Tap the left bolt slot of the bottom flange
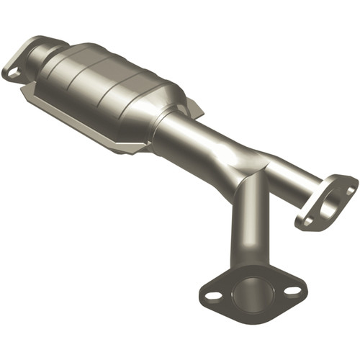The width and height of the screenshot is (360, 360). pos(213,295)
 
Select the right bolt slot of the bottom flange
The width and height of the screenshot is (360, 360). pos(293,291)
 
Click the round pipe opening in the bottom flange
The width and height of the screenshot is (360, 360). pos(253,294)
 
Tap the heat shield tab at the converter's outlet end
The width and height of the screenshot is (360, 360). pos(194,107)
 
